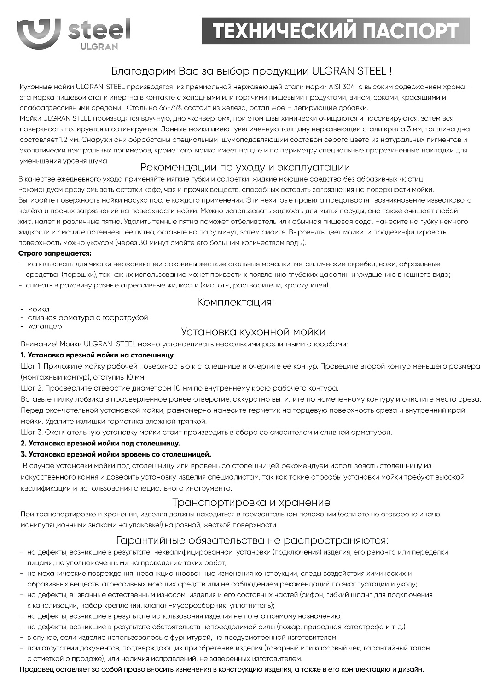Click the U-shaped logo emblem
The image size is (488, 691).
click(x=38, y=34)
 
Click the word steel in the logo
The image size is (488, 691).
click(x=99, y=30)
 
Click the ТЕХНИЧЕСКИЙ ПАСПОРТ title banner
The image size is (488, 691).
click(x=335, y=31)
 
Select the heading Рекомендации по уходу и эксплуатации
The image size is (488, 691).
click(x=245, y=167)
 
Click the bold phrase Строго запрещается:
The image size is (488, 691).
click(x=55, y=253)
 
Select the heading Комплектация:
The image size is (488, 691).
click(x=236, y=302)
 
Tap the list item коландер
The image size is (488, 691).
click(x=45, y=326)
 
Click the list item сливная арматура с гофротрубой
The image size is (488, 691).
click(x=87, y=318)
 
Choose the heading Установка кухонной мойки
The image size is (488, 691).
click(x=253, y=332)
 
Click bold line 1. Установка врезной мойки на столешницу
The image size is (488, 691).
click(x=98, y=355)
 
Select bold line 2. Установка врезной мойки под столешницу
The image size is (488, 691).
click(x=100, y=443)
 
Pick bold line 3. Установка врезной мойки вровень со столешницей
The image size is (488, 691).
click(x=116, y=454)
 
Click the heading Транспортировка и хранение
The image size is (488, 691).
click(x=251, y=502)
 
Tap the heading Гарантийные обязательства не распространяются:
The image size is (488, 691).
click(x=252, y=540)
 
